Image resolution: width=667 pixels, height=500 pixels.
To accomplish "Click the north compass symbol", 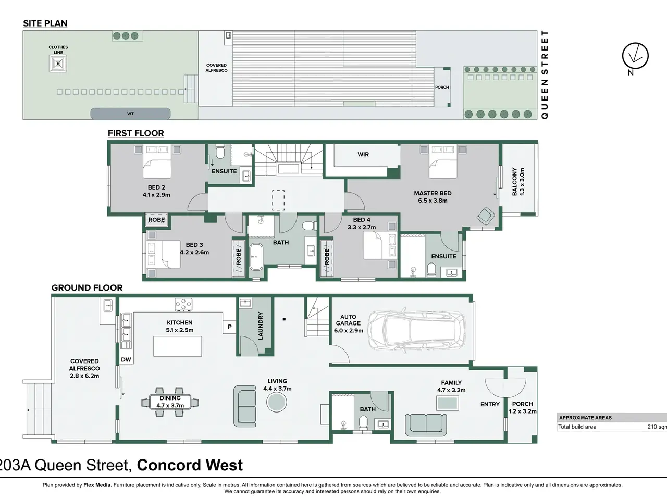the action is (x=635, y=56).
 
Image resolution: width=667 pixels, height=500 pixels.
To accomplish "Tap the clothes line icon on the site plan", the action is (x=58, y=64).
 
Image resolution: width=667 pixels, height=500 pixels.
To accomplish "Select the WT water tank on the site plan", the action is (x=130, y=114).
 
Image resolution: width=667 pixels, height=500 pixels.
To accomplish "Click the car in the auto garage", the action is (x=416, y=330).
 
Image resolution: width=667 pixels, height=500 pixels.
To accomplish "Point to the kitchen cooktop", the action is (x=183, y=305).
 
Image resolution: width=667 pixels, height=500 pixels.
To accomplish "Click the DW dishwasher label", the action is (x=126, y=360).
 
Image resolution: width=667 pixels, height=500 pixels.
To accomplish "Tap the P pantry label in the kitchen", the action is (x=230, y=327).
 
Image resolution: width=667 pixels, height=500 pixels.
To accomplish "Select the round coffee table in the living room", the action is (x=277, y=402).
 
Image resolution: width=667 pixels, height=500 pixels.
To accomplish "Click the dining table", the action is (x=170, y=402).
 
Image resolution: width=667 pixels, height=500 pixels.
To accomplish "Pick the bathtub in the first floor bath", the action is (x=256, y=257).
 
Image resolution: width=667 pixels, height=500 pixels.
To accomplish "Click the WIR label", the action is (x=363, y=154).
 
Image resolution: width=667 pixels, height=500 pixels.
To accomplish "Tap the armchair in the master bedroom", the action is (x=486, y=216).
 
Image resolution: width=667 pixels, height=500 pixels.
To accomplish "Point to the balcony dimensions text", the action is (x=522, y=182).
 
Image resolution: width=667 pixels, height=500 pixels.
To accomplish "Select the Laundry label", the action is (x=261, y=326).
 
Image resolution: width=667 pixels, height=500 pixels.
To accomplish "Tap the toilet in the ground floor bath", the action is (x=363, y=422).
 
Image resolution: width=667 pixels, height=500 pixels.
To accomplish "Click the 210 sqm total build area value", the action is (x=657, y=427).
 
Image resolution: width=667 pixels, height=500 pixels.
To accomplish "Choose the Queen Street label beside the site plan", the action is (x=545, y=74).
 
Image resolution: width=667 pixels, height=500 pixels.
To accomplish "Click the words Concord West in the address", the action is (x=190, y=465).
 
